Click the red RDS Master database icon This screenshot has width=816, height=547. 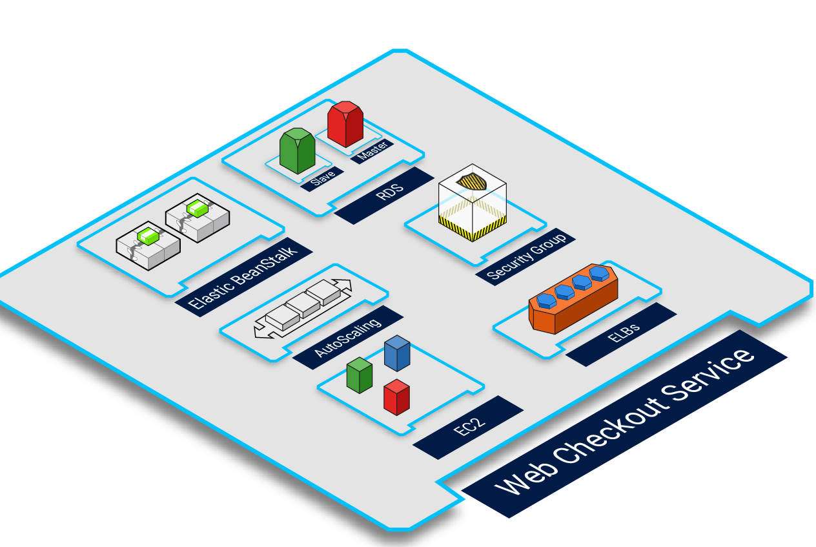click(345, 124)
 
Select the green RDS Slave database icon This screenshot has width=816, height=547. click(297, 150)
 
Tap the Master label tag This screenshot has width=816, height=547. click(373, 151)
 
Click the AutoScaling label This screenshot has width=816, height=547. click(347, 337)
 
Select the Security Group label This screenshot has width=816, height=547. click(525, 256)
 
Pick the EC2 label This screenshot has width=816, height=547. click(469, 427)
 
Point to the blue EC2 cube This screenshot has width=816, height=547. click(397, 353)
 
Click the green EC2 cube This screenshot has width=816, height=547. click(359, 375)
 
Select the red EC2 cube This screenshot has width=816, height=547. click(396, 397)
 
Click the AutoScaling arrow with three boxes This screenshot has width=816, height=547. click(302, 309)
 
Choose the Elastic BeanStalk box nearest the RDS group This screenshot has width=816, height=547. click(198, 217)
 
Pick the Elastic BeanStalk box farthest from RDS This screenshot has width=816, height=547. click(148, 245)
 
